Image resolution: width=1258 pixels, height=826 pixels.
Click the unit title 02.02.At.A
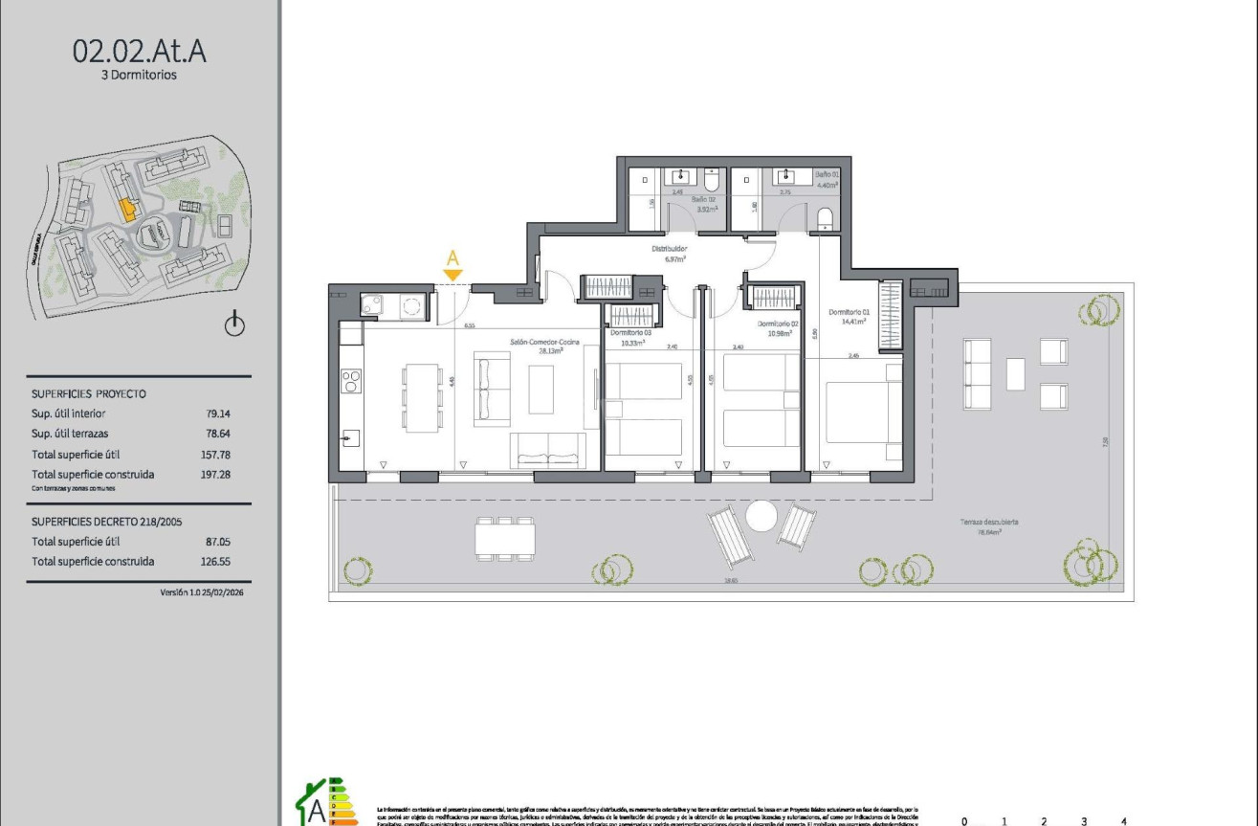pyautogui.click(x=140, y=51)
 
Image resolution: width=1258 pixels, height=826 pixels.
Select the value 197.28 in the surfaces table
pyautogui.click(x=216, y=474)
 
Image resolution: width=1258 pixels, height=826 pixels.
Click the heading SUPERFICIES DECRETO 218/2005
pyautogui.click(x=106, y=522)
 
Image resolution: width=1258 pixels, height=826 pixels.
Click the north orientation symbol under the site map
pyautogui.click(x=234, y=325)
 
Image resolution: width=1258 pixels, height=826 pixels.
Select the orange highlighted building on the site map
pyautogui.click(x=125, y=209)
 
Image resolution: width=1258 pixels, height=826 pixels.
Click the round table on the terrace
pyautogui.click(x=761, y=517)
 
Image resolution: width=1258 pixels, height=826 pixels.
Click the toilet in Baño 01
pyautogui.click(x=825, y=218)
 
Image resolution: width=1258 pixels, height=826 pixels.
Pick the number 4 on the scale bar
pyautogui.click(x=1123, y=820)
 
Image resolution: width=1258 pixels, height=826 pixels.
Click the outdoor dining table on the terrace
pyautogui.click(x=504, y=538)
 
